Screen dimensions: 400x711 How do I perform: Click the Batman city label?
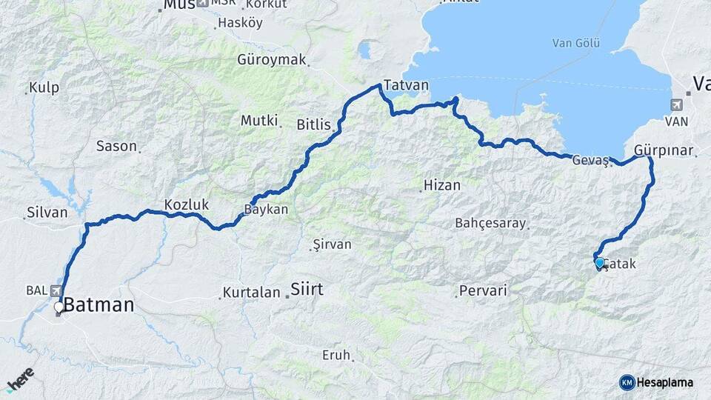(99, 304)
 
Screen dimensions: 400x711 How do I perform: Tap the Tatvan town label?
(407, 84)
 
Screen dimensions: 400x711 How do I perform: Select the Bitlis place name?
(313, 124)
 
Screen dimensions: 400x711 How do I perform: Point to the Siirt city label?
(307, 289)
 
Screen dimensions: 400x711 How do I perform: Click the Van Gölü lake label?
(575, 43)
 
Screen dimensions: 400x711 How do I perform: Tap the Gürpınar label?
(664, 150)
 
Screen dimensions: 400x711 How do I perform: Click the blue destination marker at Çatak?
(599, 262)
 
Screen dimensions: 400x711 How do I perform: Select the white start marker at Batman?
(59, 306)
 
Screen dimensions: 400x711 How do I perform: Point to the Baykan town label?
(266, 210)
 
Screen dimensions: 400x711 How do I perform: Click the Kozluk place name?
(187, 204)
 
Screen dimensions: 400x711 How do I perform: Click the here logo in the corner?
(20, 381)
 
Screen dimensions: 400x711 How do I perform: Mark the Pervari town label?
(483, 291)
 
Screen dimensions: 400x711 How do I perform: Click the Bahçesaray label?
(490, 223)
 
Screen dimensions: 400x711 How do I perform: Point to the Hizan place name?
(441, 185)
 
